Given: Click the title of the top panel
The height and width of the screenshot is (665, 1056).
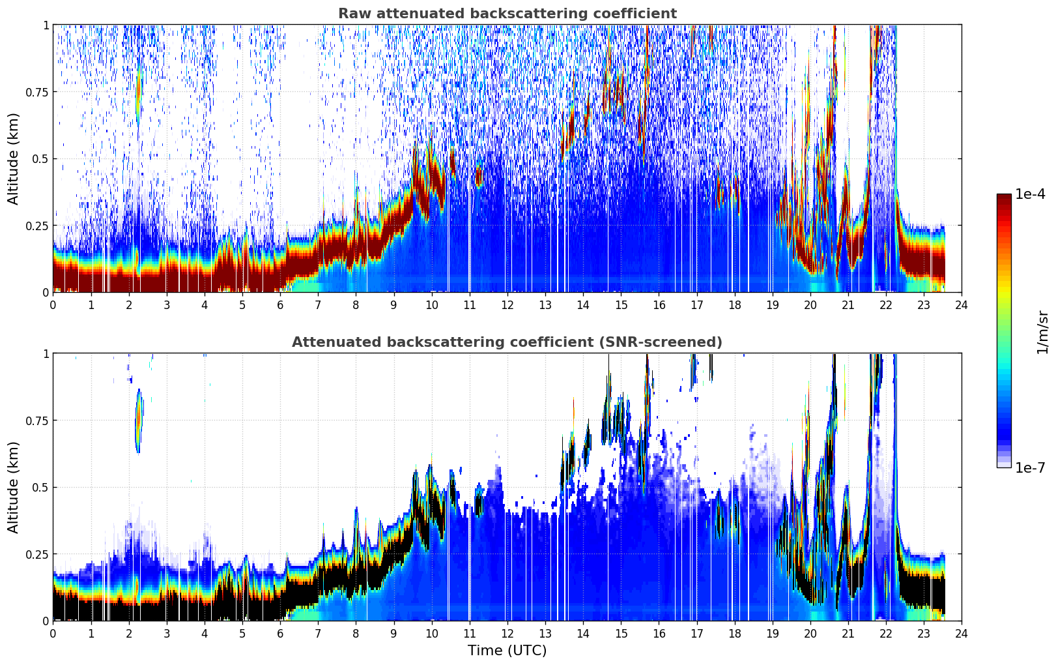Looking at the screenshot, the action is click(507, 13).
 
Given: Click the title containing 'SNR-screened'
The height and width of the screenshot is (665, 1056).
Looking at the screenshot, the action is click(507, 342).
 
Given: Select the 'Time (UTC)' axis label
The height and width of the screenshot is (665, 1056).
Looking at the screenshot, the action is click(507, 651).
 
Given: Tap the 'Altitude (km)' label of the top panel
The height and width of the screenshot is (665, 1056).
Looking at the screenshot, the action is click(13, 158).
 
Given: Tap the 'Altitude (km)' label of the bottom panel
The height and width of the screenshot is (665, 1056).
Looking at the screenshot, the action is click(13, 487).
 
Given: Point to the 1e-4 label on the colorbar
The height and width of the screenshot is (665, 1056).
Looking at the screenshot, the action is click(1030, 194).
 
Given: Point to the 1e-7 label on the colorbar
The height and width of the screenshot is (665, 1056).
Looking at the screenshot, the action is click(1030, 468).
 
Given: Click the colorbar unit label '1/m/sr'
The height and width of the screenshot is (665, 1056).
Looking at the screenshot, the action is click(1042, 332).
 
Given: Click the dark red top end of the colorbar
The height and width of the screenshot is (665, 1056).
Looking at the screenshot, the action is click(1004, 196).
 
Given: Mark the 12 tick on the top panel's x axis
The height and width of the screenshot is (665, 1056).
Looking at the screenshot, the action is click(507, 305).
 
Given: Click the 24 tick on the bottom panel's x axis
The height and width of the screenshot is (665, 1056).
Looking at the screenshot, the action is click(962, 634).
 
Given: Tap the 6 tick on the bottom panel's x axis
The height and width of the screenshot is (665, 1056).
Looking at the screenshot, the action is click(280, 634).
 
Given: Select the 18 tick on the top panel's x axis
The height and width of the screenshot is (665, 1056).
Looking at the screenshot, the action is click(734, 305).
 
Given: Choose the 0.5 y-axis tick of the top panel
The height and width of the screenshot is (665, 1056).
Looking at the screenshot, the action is click(41, 159).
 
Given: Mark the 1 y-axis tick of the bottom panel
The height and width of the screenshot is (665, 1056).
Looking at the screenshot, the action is click(46, 354).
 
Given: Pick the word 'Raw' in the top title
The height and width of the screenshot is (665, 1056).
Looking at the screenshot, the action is click(354, 13).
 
